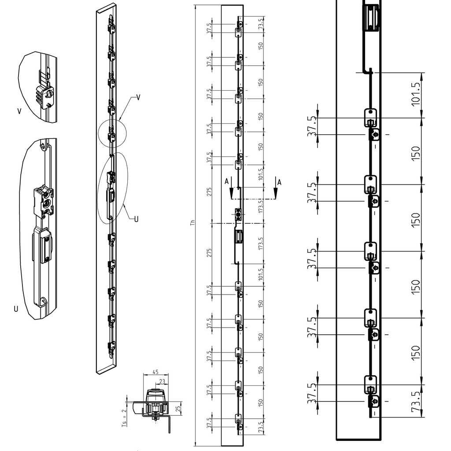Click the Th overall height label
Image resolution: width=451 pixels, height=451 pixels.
coord(192,223)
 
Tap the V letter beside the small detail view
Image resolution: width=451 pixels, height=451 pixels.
coord(19,111)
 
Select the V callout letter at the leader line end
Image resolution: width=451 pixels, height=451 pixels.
coord(138,97)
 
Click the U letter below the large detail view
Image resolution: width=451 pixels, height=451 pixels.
coord(16,309)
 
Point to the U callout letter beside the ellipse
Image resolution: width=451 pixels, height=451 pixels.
coord(136,218)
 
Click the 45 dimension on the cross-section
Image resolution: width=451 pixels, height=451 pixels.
coord(155,372)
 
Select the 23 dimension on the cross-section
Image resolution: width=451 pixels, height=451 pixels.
coord(162,382)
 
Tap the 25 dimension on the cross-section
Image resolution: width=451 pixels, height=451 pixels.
coord(177,408)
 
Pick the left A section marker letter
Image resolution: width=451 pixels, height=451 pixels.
coord(226,181)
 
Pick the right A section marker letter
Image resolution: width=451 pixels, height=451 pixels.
coord(279,181)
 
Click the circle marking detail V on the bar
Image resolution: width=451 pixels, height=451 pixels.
coord(112,133)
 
